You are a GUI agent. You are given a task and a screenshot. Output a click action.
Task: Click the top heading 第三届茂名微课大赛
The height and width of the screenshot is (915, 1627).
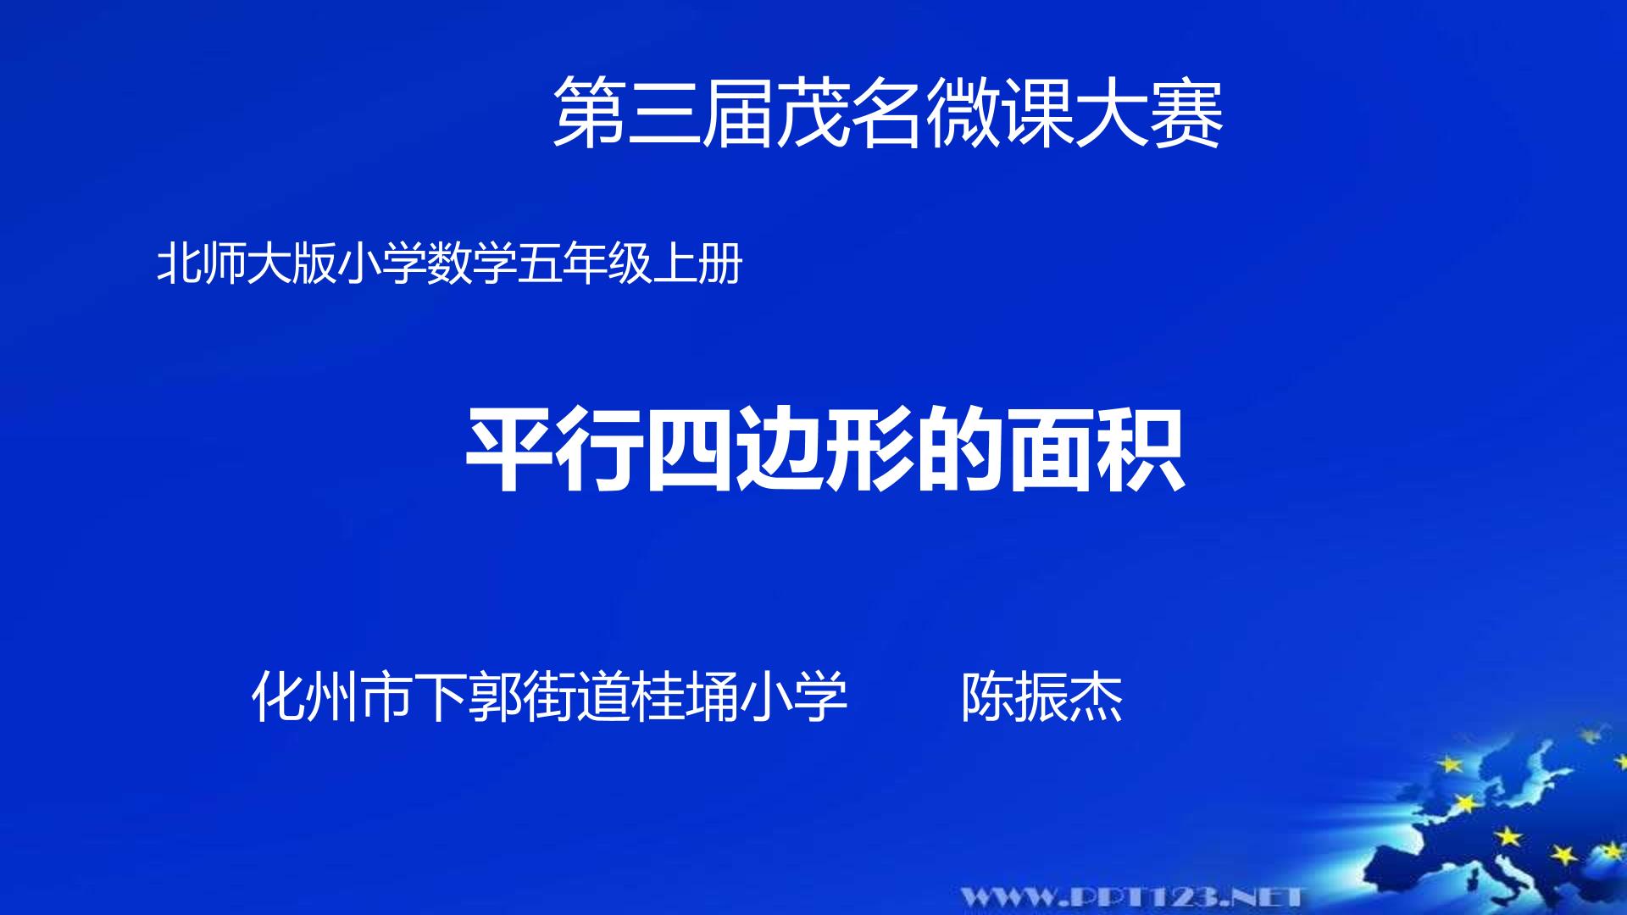coord(888,113)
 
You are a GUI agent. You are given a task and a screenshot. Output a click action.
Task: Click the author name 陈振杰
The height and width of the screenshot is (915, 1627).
coord(1041,697)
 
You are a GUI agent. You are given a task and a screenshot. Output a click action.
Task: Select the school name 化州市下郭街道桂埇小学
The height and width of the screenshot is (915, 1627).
coord(550,697)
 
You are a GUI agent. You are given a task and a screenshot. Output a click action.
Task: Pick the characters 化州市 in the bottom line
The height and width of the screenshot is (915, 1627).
coord(333,697)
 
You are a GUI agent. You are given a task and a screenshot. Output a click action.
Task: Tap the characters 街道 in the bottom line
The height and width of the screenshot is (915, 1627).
coord(577,697)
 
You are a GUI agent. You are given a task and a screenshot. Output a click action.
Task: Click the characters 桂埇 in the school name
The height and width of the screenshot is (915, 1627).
coord(686,697)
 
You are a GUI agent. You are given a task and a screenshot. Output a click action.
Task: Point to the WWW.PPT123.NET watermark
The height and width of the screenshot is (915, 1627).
coord(1132,896)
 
